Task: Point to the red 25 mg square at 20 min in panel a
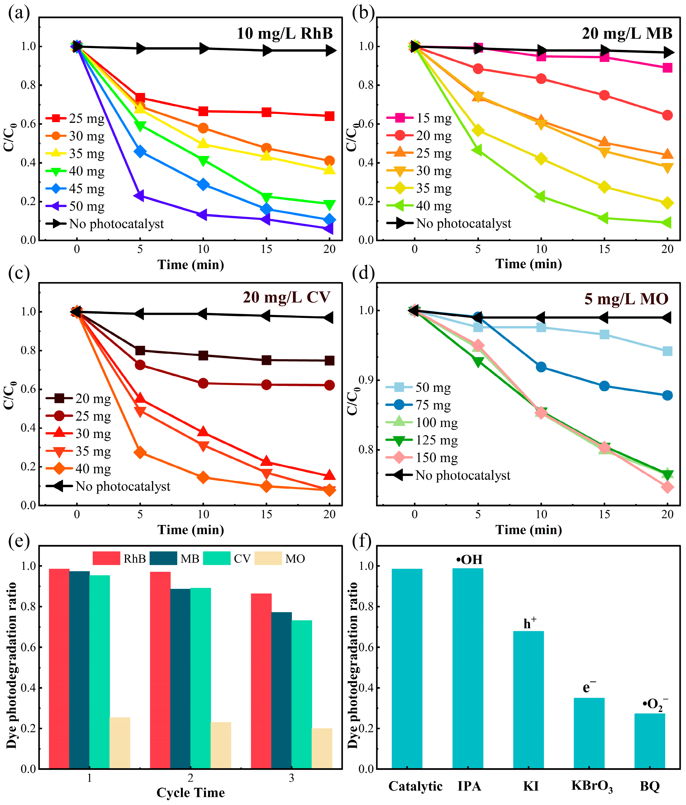329,116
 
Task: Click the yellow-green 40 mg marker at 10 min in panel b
541,196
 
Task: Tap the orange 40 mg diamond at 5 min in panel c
140,452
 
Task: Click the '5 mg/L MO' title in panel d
626,299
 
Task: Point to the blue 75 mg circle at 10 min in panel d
541,367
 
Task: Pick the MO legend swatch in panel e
268,558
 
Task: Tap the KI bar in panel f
528,699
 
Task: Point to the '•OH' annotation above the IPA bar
469,560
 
